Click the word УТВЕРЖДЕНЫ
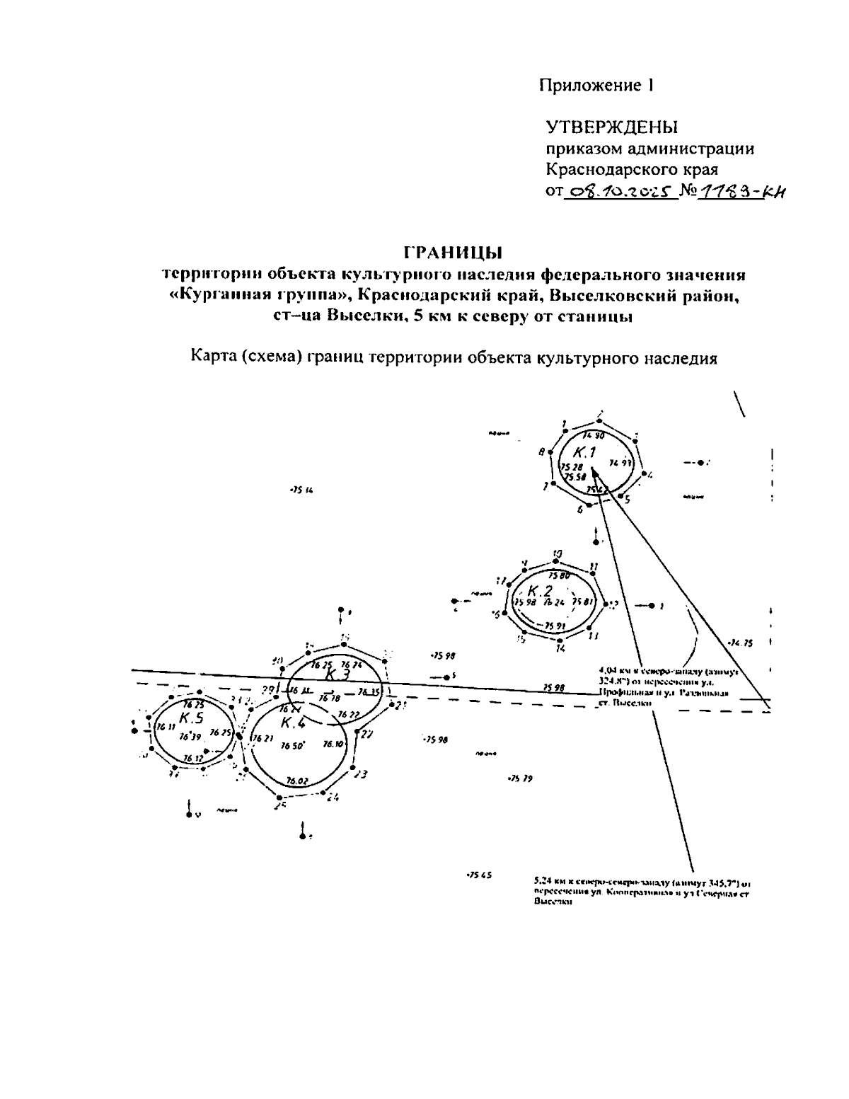[x=612, y=127]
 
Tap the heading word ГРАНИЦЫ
[x=453, y=252]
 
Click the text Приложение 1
[x=596, y=86]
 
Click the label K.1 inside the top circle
[x=585, y=452]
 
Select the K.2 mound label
[x=541, y=590]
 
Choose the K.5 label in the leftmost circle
[x=192, y=718]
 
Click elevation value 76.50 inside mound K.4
[x=292, y=745]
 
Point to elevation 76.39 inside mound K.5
[x=190, y=737]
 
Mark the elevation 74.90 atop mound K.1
[x=593, y=435]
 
